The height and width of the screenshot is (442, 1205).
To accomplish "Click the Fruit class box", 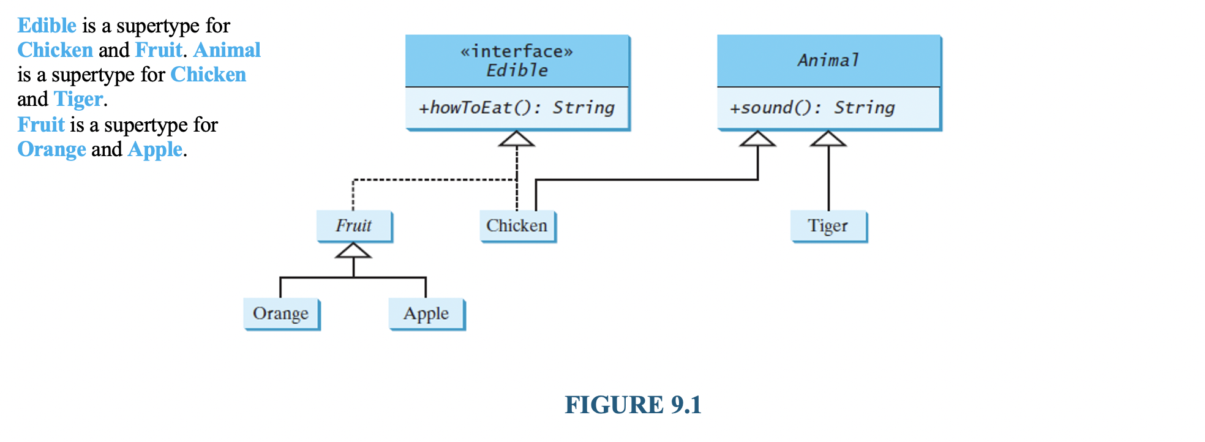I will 354,226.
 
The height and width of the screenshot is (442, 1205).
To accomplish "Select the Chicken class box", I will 517,226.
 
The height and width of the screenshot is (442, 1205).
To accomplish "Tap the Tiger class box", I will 828,226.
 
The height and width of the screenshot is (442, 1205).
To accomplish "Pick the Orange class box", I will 281,313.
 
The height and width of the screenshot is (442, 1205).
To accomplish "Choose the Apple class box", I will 426,313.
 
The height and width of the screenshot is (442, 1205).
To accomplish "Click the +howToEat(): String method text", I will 516,108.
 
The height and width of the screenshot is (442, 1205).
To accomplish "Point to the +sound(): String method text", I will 812,108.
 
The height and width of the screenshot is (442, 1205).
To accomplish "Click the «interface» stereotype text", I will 516,51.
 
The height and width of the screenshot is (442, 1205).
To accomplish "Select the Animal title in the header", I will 828,60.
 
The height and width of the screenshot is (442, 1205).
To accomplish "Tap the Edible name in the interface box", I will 517,70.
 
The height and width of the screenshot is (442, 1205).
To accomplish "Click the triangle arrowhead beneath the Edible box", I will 516,139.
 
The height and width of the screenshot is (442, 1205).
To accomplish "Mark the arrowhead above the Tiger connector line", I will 828,139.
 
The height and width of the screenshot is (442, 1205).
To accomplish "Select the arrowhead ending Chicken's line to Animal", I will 757,139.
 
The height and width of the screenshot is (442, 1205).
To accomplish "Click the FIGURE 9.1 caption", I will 633,405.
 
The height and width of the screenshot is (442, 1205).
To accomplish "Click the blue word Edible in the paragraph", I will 47,26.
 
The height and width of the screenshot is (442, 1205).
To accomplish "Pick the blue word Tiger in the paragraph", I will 78,99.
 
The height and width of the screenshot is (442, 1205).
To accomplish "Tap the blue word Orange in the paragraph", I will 51,149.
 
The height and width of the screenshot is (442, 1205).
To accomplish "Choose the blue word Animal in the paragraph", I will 227,50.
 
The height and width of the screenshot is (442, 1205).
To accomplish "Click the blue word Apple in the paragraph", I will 155,149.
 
